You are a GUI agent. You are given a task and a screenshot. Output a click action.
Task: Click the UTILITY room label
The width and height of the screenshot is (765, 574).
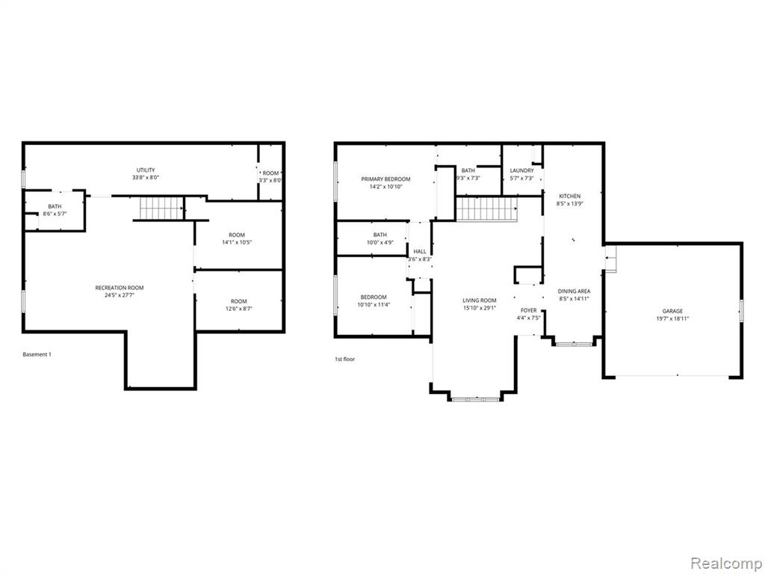coord(146,173)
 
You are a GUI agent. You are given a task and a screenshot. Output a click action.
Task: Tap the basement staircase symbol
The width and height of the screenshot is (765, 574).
coord(161,209)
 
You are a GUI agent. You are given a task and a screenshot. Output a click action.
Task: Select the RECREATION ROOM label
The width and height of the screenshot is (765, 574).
coord(120,291)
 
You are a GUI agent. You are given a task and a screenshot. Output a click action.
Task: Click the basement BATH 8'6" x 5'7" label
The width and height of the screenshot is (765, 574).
coord(55,210)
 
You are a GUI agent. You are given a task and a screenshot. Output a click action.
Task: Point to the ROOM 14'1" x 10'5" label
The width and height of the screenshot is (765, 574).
coord(237,238)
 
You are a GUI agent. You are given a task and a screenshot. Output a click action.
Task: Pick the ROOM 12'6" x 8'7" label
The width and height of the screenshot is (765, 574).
coord(238,305)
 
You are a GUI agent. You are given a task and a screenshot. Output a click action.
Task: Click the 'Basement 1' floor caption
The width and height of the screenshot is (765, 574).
coord(37,354)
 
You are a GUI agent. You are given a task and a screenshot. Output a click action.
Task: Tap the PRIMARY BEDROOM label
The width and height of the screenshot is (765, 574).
coord(385,182)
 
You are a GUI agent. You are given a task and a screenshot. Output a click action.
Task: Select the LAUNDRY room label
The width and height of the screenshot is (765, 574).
coord(521,174)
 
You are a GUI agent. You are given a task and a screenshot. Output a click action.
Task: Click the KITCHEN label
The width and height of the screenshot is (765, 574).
coord(570,200)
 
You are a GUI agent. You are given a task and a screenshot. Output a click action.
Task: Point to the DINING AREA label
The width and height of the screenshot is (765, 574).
coord(574,294)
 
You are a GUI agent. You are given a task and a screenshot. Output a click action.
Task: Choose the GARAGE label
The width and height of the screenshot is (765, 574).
coord(672,315)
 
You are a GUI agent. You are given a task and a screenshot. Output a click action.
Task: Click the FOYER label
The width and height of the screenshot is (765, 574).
coord(528,314)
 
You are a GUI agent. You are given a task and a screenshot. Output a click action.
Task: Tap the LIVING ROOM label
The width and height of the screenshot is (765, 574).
coord(480,304)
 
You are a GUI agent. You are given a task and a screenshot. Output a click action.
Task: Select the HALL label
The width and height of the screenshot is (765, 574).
coord(420,256)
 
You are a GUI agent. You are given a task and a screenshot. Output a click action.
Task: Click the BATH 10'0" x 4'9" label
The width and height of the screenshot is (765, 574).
coord(380,238)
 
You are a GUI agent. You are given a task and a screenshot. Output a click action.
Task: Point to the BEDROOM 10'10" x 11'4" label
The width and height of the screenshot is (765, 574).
coord(374,300)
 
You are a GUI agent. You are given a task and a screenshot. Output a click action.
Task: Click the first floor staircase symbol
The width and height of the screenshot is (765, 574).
coord(486,209)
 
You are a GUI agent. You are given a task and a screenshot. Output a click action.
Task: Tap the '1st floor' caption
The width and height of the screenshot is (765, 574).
coord(344,359)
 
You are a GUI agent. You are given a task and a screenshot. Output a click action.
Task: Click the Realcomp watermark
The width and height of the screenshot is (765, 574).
coord(725,564)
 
